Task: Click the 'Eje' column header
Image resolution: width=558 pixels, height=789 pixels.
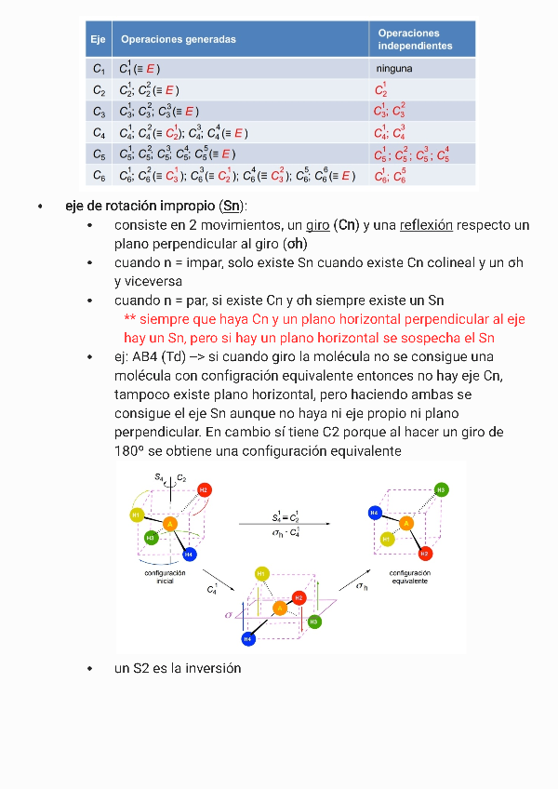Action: click(x=98, y=39)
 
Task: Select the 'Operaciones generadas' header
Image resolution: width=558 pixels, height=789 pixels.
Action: click(x=178, y=39)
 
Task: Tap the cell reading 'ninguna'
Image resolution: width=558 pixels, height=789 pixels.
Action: click(x=394, y=69)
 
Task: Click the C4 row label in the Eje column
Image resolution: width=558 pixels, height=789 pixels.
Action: click(x=100, y=133)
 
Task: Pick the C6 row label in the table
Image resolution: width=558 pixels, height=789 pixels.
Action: click(x=100, y=175)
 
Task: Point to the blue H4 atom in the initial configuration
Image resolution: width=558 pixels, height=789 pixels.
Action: click(x=190, y=555)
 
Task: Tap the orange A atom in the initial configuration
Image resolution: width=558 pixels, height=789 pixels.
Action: click(x=170, y=525)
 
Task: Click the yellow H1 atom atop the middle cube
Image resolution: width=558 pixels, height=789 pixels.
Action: click(x=262, y=573)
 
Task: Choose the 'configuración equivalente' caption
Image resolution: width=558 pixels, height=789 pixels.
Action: click(x=409, y=577)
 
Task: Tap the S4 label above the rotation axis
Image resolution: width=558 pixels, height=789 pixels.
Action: click(x=159, y=476)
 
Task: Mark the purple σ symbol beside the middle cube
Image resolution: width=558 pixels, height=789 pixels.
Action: click(x=228, y=615)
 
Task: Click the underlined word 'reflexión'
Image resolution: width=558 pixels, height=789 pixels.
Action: click(x=426, y=225)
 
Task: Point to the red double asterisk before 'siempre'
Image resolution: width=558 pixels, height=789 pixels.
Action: click(x=129, y=319)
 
